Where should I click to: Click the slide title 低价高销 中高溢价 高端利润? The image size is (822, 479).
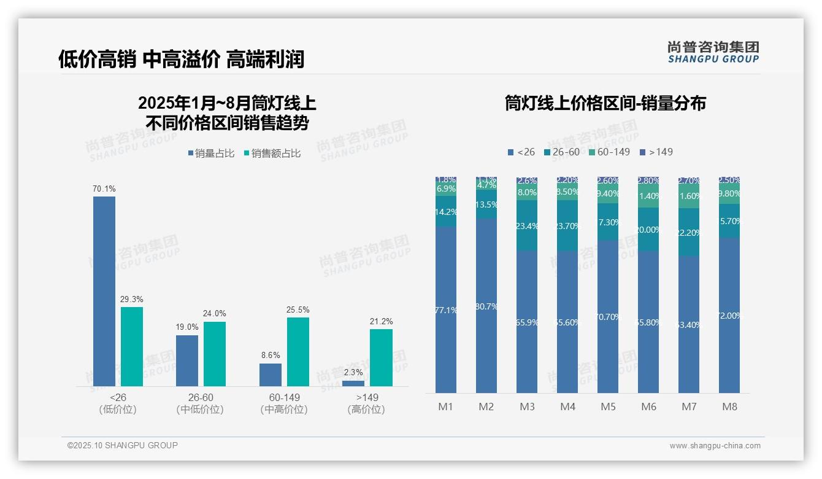pos(181,59)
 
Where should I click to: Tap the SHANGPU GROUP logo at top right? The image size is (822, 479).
pos(713,52)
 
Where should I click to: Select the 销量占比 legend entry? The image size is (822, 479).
pos(211,154)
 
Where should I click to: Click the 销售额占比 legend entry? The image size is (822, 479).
pos(272,154)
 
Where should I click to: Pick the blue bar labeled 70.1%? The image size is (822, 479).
pos(104,291)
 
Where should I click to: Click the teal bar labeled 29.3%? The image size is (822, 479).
pos(132,346)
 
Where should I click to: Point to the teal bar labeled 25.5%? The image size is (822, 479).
pos(298,351)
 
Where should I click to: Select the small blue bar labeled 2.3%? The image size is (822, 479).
pos(353,383)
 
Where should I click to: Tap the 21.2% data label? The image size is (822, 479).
pos(382,321)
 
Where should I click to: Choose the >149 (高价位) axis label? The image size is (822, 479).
pos(366,403)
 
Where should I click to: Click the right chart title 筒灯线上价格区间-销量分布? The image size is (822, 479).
pos(605,103)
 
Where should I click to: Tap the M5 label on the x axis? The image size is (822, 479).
pos(608,407)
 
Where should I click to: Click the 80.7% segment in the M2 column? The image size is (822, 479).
pos(486,306)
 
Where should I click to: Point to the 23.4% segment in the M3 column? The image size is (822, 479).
pos(527,226)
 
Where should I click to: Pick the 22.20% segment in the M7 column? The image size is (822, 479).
pos(689,232)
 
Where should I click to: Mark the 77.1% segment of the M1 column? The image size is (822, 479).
pos(446,310)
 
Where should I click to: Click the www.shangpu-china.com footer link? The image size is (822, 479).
pos(715,445)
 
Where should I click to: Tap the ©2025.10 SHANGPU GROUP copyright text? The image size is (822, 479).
pos(123,445)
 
